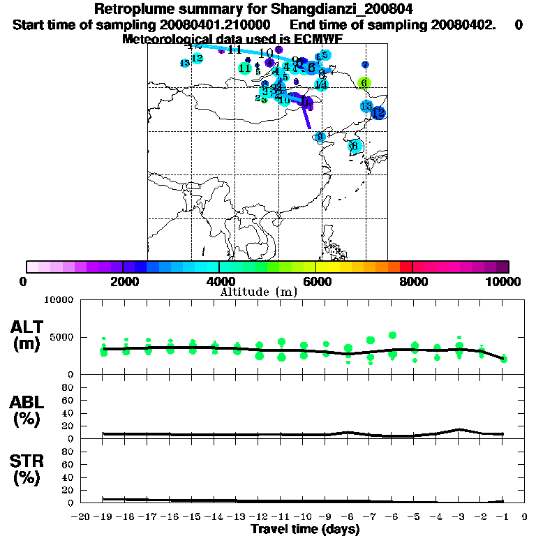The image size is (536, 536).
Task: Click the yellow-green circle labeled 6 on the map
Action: pyautogui.click(x=364, y=83)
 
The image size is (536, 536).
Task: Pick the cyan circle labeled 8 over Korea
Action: pyautogui.click(x=355, y=146)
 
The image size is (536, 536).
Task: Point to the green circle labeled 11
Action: pyautogui.click(x=244, y=68)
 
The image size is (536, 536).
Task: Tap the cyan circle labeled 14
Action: pyautogui.click(x=321, y=85)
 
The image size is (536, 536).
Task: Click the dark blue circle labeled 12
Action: pyautogui.click(x=379, y=112)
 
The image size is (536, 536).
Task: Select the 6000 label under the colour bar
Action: pyautogui.click(x=315, y=282)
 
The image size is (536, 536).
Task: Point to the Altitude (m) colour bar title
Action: pyautogui.click(x=258, y=292)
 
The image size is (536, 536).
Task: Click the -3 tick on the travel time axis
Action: pyautogui.click(x=459, y=516)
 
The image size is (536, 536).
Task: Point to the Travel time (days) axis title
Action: pyautogui.click(x=305, y=530)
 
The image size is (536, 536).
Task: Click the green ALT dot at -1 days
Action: pyautogui.click(x=503, y=359)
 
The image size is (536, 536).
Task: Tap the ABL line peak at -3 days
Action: pyautogui.click(x=459, y=429)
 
